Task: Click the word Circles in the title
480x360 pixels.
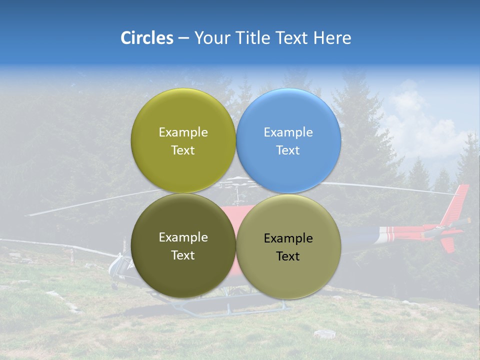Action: click(146, 38)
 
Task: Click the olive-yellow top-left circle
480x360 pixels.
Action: click(183, 115)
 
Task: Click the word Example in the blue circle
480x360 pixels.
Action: click(288, 132)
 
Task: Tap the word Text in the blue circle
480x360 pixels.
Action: click(288, 150)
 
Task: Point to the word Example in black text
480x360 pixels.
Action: click(288, 238)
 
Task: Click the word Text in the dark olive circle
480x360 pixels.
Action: click(183, 255)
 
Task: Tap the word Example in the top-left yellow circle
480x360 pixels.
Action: click(183, 132)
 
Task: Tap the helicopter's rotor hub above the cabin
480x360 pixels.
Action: click(240, 183)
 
